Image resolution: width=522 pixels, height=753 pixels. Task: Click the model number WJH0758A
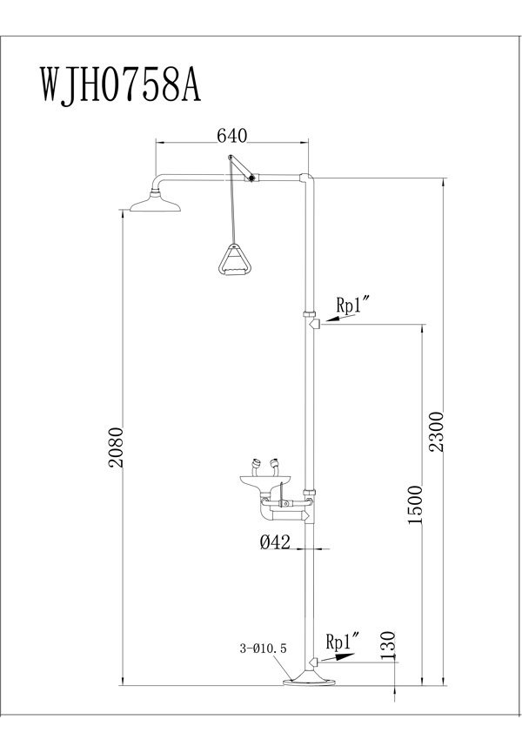click(x=120, y=84)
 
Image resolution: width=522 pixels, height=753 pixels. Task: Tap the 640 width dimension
click(x=231, y=136)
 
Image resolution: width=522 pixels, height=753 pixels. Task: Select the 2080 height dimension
click(x=117, y=447)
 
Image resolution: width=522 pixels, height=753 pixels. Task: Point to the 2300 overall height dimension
click(x=437, y=431)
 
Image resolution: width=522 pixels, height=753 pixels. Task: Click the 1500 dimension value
click(x=415, y=505)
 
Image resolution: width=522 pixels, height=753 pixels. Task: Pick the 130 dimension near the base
click(x=389, y=644)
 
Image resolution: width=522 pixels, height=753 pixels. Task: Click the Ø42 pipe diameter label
click(x=275, y=542)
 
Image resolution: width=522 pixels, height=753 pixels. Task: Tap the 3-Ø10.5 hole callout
click(x=263, y=649)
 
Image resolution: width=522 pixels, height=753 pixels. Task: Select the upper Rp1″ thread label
click(x=354, y=305)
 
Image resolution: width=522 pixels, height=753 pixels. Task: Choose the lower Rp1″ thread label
click(x=344, y=642)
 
